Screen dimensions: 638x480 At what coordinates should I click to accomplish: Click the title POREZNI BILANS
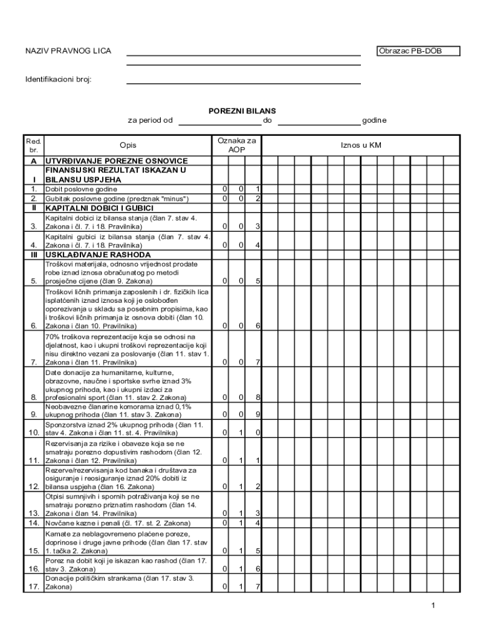coord(242,111)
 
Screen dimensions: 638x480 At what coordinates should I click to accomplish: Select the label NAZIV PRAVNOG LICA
coord(68,51)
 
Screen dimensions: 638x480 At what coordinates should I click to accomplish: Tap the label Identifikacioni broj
coord(58,80)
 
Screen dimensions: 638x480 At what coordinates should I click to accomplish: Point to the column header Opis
coord(128,145)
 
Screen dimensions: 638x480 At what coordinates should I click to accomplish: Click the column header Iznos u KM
coord(361,145)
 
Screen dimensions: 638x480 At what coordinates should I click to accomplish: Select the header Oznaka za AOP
coord(236,145)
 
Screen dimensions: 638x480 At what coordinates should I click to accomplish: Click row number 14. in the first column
coord(34,523)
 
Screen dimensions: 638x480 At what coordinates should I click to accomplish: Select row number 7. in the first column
coord(34,362)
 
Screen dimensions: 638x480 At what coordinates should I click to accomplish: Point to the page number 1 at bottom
coord(432,606)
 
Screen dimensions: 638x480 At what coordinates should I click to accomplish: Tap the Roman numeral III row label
coord(34,254)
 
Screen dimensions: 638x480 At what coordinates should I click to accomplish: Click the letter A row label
coord(34,161)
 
